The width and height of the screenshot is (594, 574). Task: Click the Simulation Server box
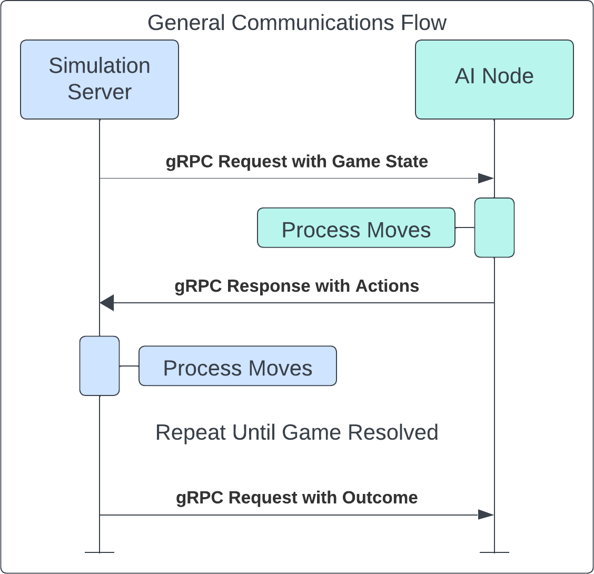pyautogui.click(x=99, y=80)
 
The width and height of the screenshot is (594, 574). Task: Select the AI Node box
pyautogui.click(x=494, y=80)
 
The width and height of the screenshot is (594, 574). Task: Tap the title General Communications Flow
pyautogui.click(x=297, y=23)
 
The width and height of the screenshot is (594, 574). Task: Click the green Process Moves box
pyautogui.click(x=356, y=227)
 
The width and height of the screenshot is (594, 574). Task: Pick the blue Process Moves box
pyautogui.click(x=237, y=366)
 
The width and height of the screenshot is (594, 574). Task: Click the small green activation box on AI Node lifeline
pyautogui.click(x=494, y=227)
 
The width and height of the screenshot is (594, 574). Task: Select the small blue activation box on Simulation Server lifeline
pyautogui.click(x=99, y=366)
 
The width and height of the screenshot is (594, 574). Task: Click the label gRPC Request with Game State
pyautogui.click(x=297, y=162)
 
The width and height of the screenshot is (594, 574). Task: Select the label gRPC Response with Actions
pyautogui.click(x=297, y=286)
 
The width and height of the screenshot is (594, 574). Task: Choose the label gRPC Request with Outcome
pyautogui.click(x=297, y=498)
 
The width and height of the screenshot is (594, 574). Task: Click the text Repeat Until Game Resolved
pyautogui.click(x=297, y=432)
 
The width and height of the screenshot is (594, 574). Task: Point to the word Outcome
pyautogui.click(x=380, y=498)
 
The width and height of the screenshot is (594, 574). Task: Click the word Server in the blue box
pyautogui.click(x=100, y=92)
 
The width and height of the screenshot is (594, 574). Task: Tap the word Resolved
pyautogui.click(x=393, y=432)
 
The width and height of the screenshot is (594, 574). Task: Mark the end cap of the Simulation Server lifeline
pyautogui.click(x=99, y=552)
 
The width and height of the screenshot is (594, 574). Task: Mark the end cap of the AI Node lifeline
pyautogui.click(x=494, y=552)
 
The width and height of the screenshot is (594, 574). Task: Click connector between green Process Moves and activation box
pyautogui.click(x=465, y=227)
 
